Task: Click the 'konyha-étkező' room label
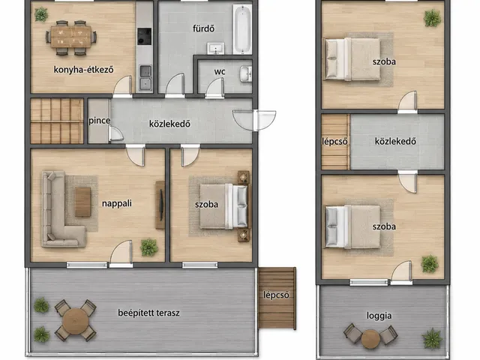click(x=83, y=70)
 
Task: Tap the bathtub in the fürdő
click(x=242, y=29)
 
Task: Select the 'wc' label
click(x=220, y=72)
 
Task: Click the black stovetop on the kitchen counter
click(x=144, y=37)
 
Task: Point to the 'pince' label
click(x=99, y=121)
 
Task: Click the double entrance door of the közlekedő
click(x=254, y=120)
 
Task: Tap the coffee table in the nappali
click(x=83, y=202)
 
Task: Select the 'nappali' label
click(x=117, y=203)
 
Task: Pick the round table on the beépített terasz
click(x=75, y=321)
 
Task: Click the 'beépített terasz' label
click(x=148, y=313)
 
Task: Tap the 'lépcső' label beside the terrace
click(x=276, y=295)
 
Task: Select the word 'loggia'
click(x=379, y=316)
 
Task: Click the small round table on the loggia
click(x=370, y=339)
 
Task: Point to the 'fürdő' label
click(x=203, y=28)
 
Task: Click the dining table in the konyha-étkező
click(x=71, y=37)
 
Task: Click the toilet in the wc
click(x=245, y=73)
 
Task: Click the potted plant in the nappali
click(x=149, y=247)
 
